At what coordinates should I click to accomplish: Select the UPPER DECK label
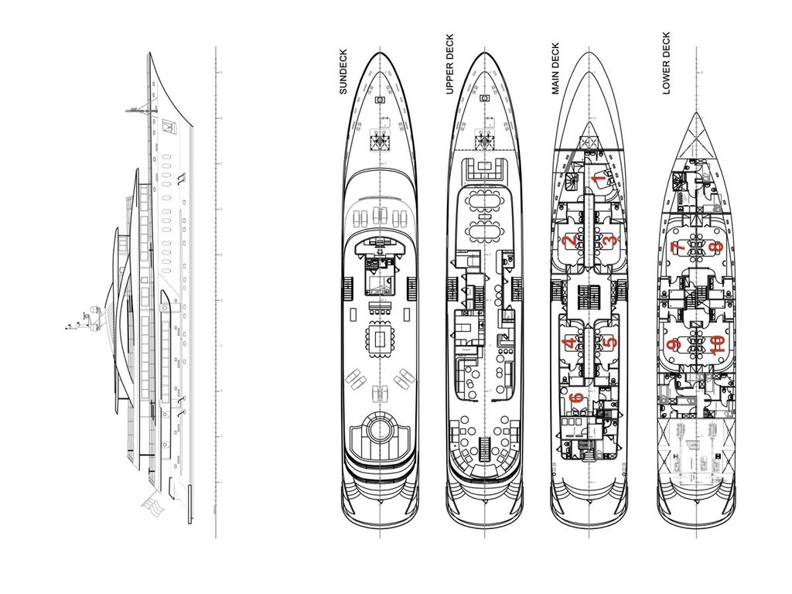click(x=449, y=65)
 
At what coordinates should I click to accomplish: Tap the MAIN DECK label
click(x=555, y=69)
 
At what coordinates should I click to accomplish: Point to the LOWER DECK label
click(x=666, y=63)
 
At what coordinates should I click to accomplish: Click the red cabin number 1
click(x=598, y=179)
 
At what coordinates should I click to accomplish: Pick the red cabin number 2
click(x=570, y=241)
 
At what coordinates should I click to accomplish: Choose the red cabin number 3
click(x=609, y=241)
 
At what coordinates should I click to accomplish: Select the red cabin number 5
click(x=609, y=342)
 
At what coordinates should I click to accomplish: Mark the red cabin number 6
click(x=575, y=398)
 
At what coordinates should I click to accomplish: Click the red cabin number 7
click(x=675, y=247)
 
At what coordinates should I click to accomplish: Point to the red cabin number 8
click(x=717, y=247)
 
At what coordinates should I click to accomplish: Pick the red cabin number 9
click(x=674, y=344)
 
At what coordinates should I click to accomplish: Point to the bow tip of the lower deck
click(x=695, y=114)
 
